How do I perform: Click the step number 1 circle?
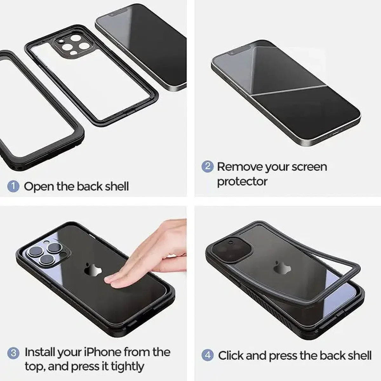(x=13, y=186)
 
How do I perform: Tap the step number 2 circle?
(x=207, y=166)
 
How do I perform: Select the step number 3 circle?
(x=13, y=353)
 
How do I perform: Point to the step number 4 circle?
(x=207, y=355)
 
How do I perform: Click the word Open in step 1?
(x=39, y=187)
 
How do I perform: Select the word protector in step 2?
(x=242, y=182)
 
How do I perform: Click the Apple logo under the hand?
(x=93, y=269)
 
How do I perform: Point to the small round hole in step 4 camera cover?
(x=230, y=242)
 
